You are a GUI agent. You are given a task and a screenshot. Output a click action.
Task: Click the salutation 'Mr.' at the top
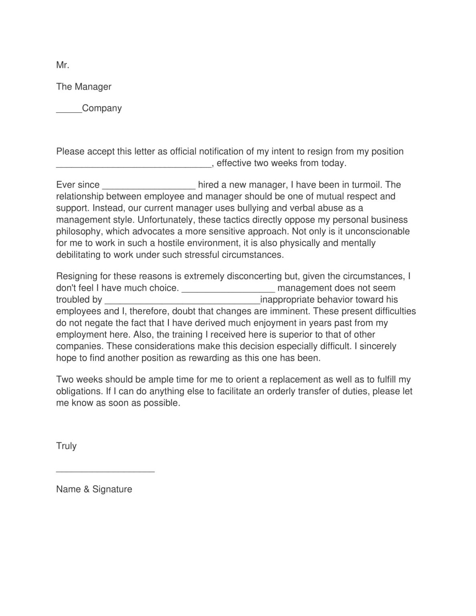63,65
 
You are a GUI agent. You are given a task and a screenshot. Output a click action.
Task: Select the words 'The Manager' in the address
84,87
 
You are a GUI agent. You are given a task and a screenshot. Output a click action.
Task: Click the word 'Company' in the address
102,108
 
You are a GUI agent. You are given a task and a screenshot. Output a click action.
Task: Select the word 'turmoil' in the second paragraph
365,185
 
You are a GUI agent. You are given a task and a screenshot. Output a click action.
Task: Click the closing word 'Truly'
66,446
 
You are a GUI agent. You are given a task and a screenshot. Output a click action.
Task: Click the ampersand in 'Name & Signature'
87,489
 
